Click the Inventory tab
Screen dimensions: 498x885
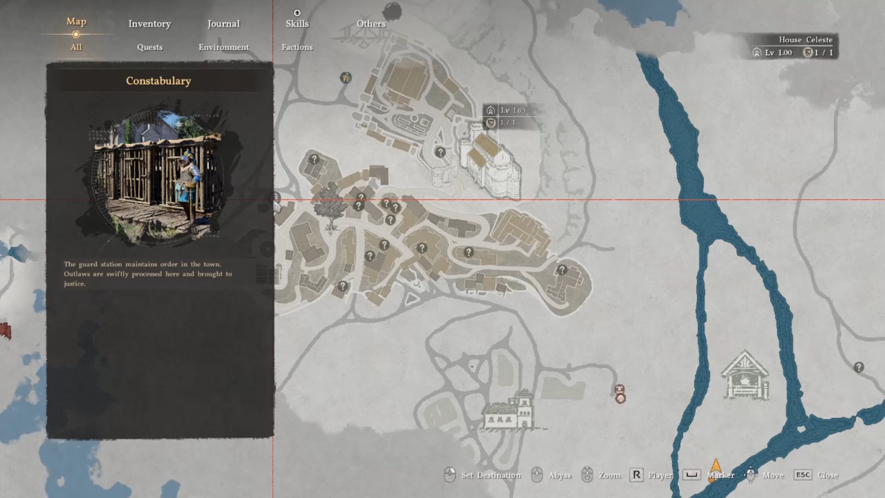[x=149, y=24]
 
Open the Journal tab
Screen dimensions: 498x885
[x=224, y=24]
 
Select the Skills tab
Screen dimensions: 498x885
[x=297, y=24]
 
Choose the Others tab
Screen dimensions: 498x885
[x=371, y=24]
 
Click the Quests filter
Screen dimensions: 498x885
[x=149, y=47]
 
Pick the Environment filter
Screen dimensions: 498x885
[x=224, y=47]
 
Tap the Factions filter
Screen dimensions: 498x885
[x=297, y=47]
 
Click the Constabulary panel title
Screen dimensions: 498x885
[x=158, y=81]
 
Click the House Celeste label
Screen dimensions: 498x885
[x=805, y=40]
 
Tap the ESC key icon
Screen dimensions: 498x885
[x=802, y=475]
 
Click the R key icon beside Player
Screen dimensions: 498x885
[x=636, y=475]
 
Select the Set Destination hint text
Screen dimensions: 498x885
[x=491, y=475]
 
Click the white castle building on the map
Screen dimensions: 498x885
[x=491, y=166]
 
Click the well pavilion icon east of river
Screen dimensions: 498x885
[x=744, y=376]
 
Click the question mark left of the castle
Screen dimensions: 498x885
[x=440, y=152]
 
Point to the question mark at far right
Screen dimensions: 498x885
[x=858, y=368]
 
